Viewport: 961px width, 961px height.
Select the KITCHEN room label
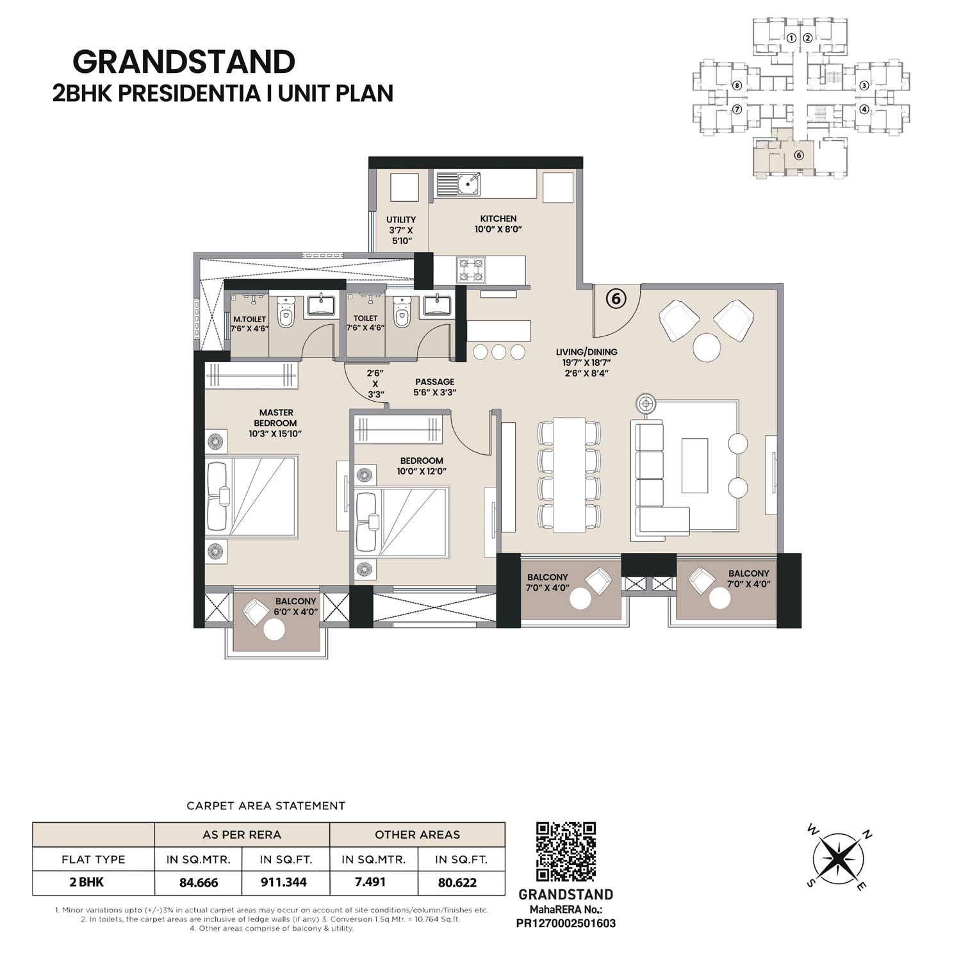(x=498, y=218)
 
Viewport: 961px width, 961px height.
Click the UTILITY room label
(x=401, y=219)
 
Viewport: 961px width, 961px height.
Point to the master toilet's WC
(x=285, y=313)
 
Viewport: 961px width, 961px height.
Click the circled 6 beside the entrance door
(x=616, y=299)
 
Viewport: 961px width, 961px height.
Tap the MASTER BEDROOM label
(x=275, y=418)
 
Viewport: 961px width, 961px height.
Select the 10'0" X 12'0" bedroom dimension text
(x=422, y=471)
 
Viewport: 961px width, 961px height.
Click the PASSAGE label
(x=434, y=382)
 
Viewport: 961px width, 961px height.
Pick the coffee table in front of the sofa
(x=694, y=465)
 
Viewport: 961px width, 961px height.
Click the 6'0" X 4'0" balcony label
(x=296, y=611)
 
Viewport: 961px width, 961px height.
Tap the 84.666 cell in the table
(x=199, y=882)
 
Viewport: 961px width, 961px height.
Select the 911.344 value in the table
(x=284, y=882)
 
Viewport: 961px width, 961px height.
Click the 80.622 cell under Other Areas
(x=457, y=882)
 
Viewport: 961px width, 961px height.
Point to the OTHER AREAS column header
(x=417, y=835)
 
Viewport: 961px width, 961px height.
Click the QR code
(x=566, y=851)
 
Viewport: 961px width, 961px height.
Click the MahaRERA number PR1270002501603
(x=566, y=923)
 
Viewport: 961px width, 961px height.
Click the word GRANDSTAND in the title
(x=184, y=62)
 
